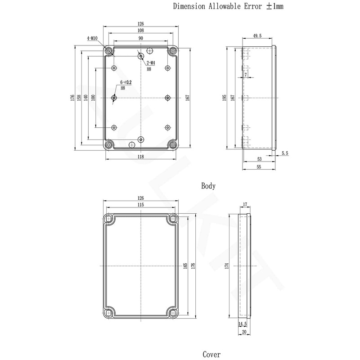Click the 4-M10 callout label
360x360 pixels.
92,38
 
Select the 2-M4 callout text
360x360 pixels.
151,63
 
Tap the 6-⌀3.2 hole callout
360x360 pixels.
126,82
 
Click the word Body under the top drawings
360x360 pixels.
208,186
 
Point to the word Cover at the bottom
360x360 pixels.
211,354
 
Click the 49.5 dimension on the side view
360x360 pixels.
257,36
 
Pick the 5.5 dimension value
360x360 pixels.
285,153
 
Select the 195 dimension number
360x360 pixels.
224,98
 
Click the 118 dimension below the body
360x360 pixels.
140,157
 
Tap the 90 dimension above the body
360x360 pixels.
141,38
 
